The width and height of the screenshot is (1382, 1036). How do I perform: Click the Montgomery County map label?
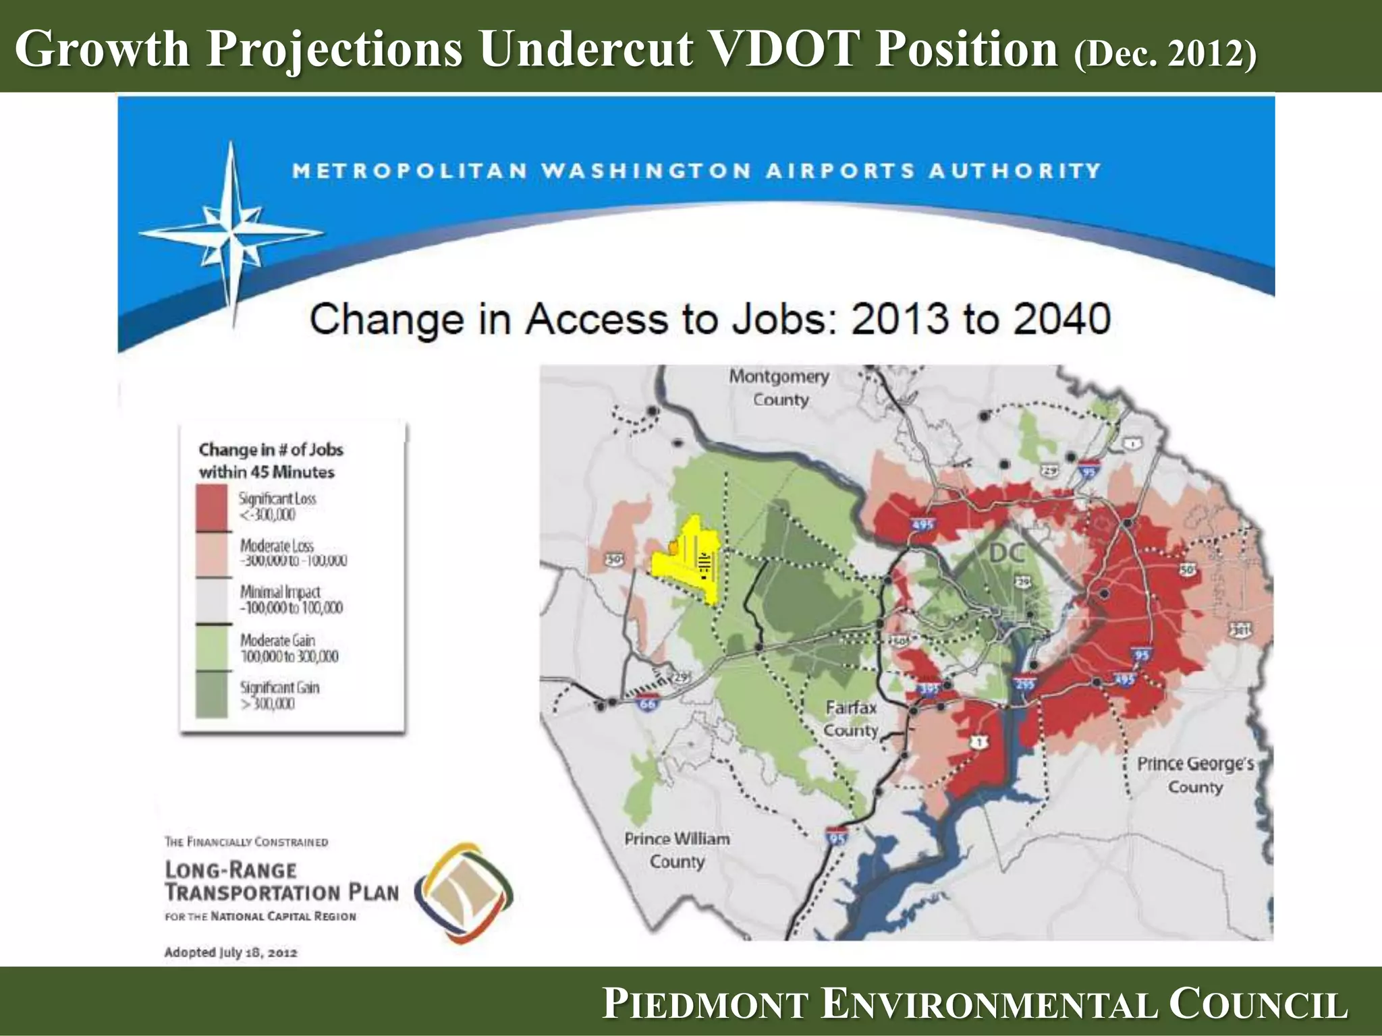click(779, 388)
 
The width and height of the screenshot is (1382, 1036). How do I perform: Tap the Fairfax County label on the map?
click(851, 719)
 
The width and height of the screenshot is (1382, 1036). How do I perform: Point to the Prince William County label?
click(677, 850)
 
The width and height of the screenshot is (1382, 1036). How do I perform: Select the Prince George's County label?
click(1195, 775)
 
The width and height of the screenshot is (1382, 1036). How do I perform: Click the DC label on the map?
click(1007, 553)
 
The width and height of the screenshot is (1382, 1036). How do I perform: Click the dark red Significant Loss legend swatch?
click(211, 509)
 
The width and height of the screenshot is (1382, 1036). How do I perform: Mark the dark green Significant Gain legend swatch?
click(211, 695)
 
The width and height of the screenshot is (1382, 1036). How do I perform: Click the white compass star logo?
click(231, 233)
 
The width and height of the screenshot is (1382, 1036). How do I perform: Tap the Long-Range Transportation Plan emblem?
click(463, 892)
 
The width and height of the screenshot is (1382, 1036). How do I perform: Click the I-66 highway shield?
click(647, 703)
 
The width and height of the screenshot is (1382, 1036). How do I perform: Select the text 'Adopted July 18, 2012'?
click(231, 952)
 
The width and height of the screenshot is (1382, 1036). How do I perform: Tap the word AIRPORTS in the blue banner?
click(840, 171)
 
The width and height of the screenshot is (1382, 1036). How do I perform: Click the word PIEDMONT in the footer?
click(705, 1003)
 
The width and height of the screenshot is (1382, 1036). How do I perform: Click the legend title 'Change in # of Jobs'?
click(271, 450)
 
